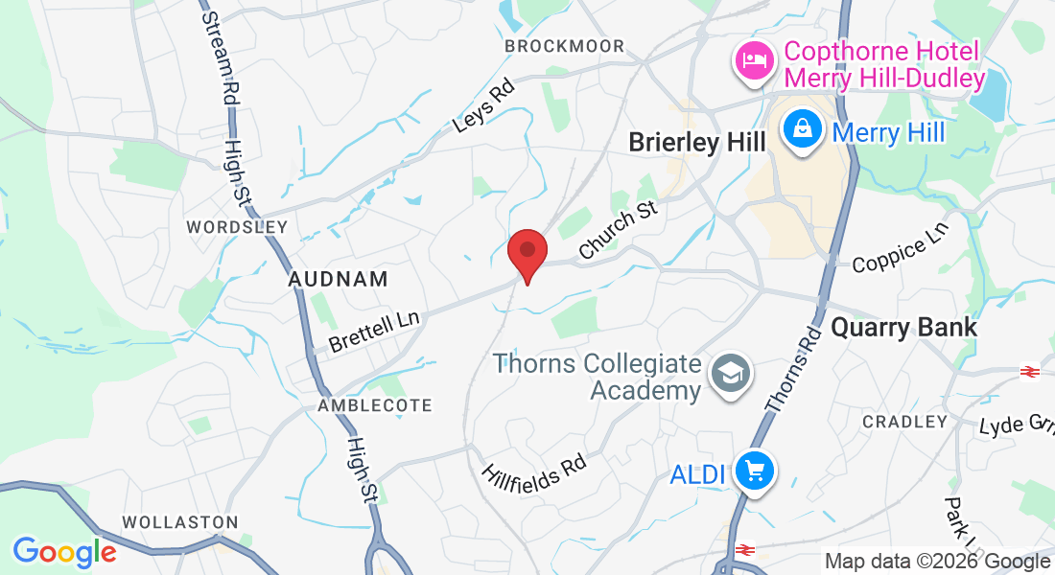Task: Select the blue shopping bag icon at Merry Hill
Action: (801, 131)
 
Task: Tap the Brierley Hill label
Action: (697, 143)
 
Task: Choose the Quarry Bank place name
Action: (904, 327)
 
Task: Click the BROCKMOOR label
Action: (564, 46)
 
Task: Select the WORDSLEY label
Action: (237, 227)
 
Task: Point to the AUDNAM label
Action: (339, 280)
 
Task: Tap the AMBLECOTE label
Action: (375, 405)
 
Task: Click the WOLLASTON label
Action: (179, 522)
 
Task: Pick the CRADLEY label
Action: (904, 422)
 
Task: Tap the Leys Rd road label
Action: (484, 105)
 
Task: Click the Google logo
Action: (63, 551)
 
